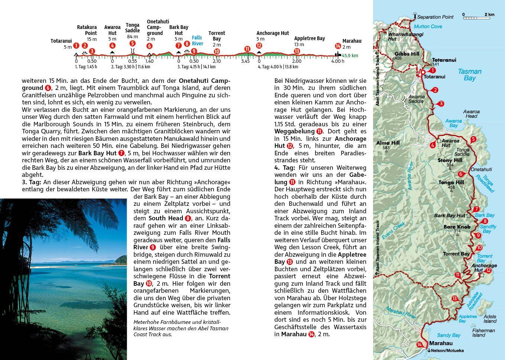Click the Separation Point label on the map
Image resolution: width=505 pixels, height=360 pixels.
click(x=435, y=17)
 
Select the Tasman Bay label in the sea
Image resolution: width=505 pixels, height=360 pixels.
click(x=470, y=75)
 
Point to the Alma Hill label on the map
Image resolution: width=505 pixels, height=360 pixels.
click(x=388, y=143)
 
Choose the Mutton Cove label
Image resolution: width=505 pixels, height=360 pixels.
click(x=428, y=26)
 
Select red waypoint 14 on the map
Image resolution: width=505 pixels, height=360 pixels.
click(x=420, y=344)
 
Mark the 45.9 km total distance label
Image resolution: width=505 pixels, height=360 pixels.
click(x=350, y=56)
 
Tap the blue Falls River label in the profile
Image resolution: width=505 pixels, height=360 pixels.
click(x=197, y=40)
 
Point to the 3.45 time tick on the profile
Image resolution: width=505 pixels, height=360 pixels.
click(x=245, y=61)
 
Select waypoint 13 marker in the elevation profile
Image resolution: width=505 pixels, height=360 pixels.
click(x=297, y=51)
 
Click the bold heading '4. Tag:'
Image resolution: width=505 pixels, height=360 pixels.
click(x=284, y=168)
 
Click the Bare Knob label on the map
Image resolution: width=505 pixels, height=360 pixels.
click(x=457, y=227)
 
